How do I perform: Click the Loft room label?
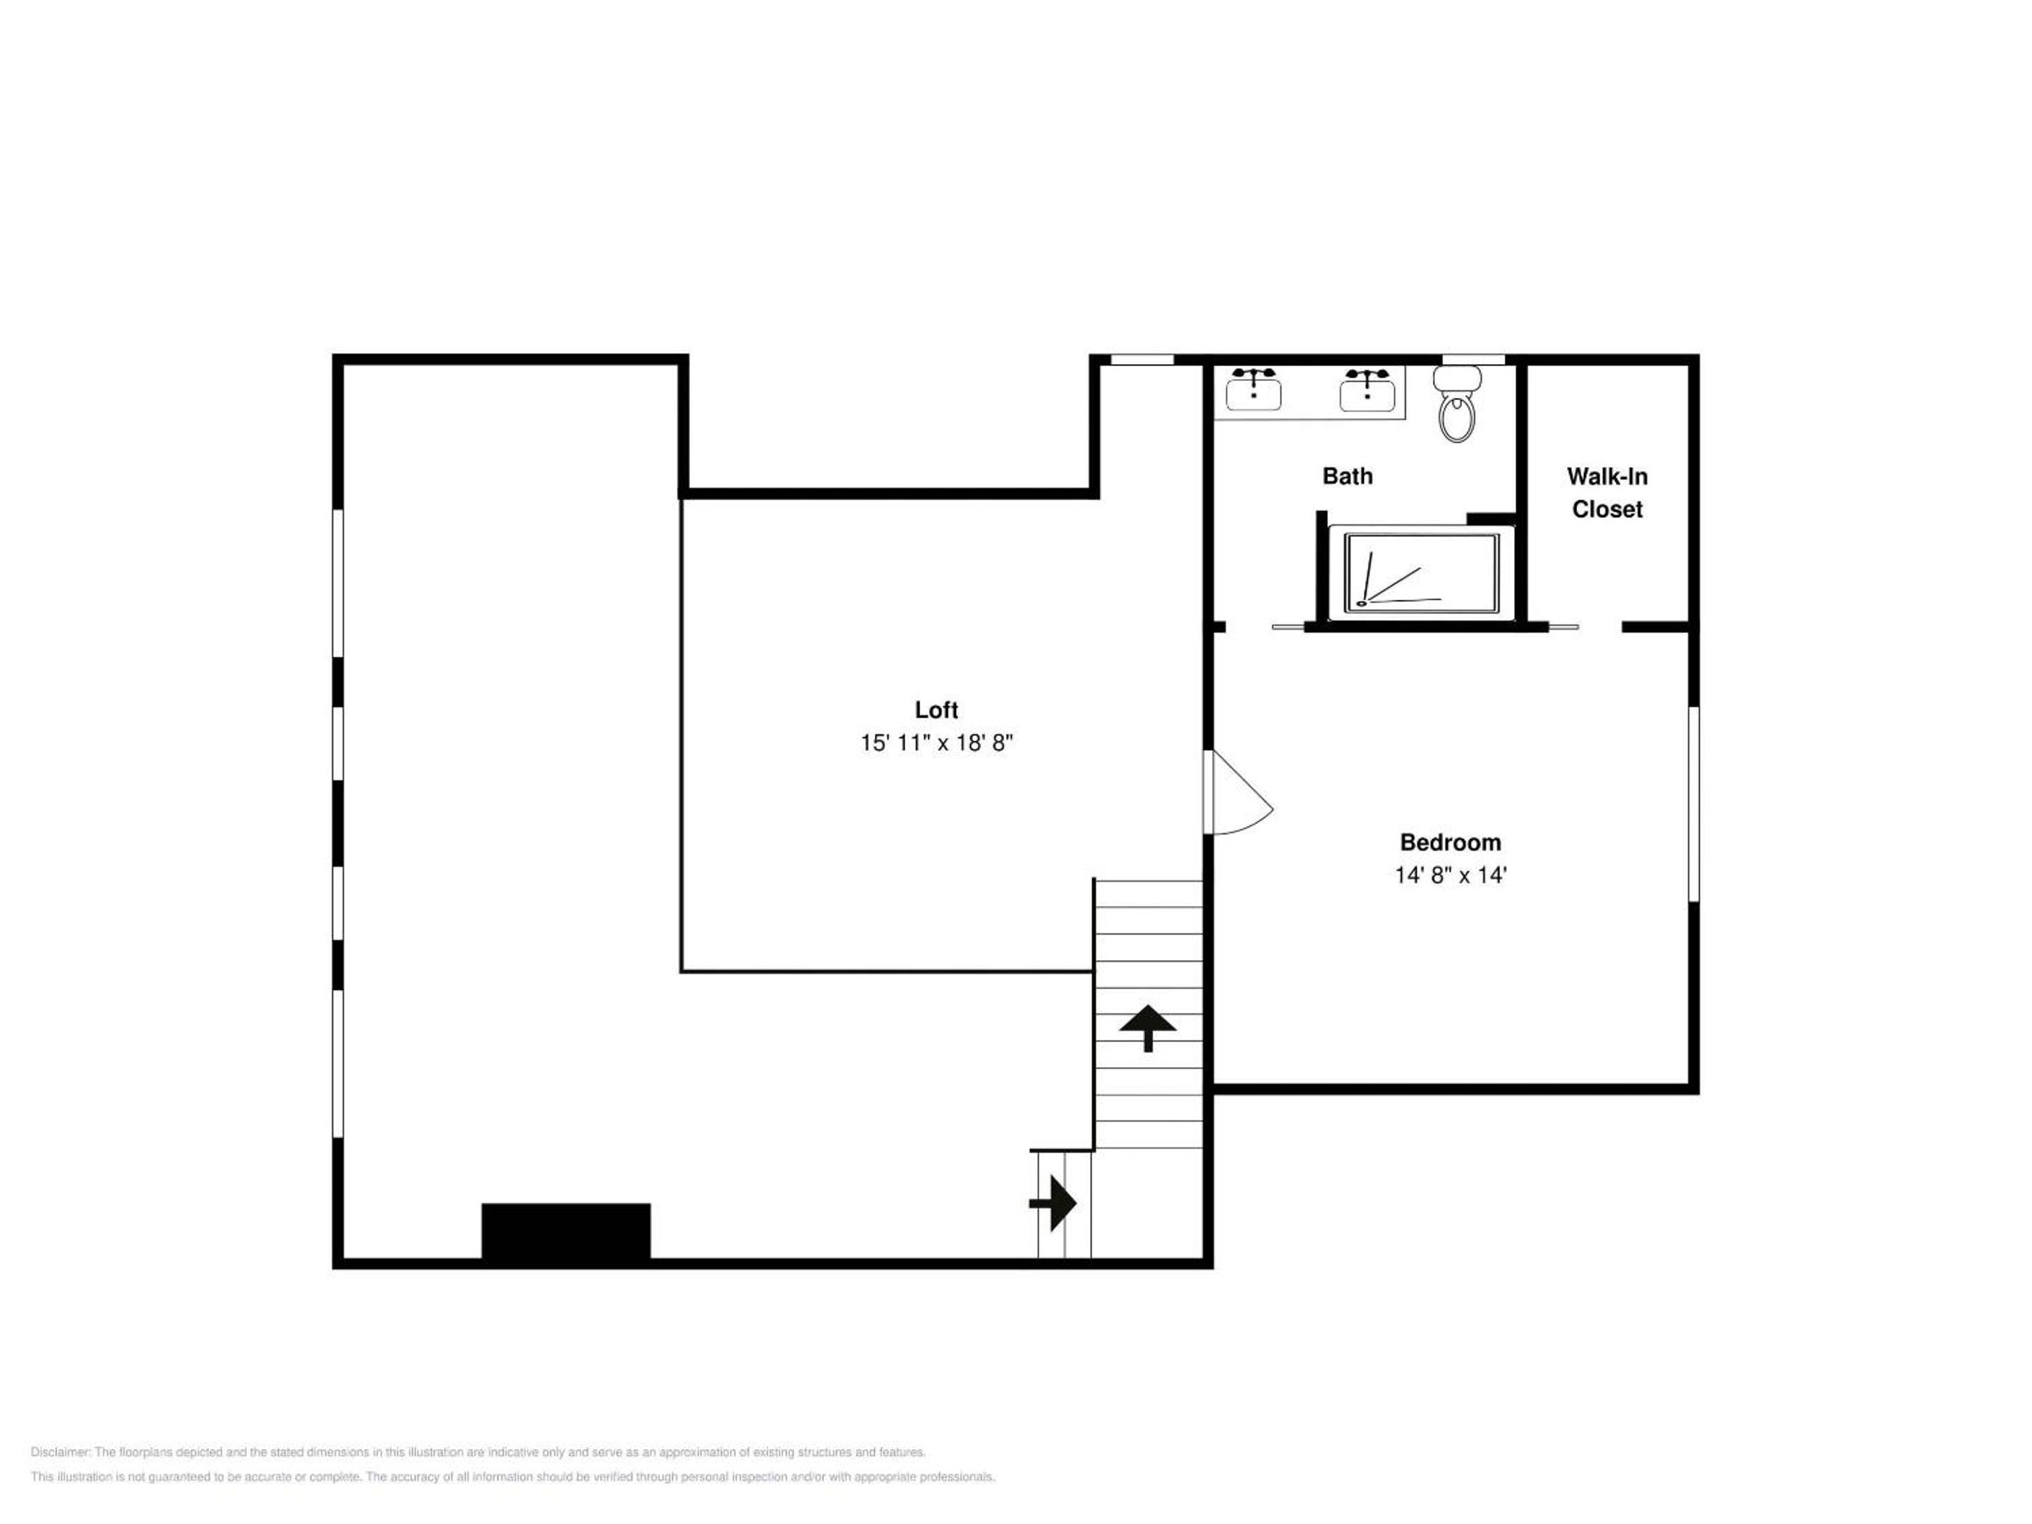936,710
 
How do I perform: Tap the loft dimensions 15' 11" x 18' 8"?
936,742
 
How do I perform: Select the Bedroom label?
1451,842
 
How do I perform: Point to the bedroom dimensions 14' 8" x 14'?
1451,876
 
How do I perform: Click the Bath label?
1348,476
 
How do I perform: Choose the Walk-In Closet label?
1607,492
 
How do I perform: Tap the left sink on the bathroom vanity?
1253,389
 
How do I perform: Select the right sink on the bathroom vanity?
1367,389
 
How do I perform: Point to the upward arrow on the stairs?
1147,1028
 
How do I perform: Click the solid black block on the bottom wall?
566,1231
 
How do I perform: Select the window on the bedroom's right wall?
1694,804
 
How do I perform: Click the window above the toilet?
1473,359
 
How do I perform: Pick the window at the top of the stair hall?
1142,359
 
